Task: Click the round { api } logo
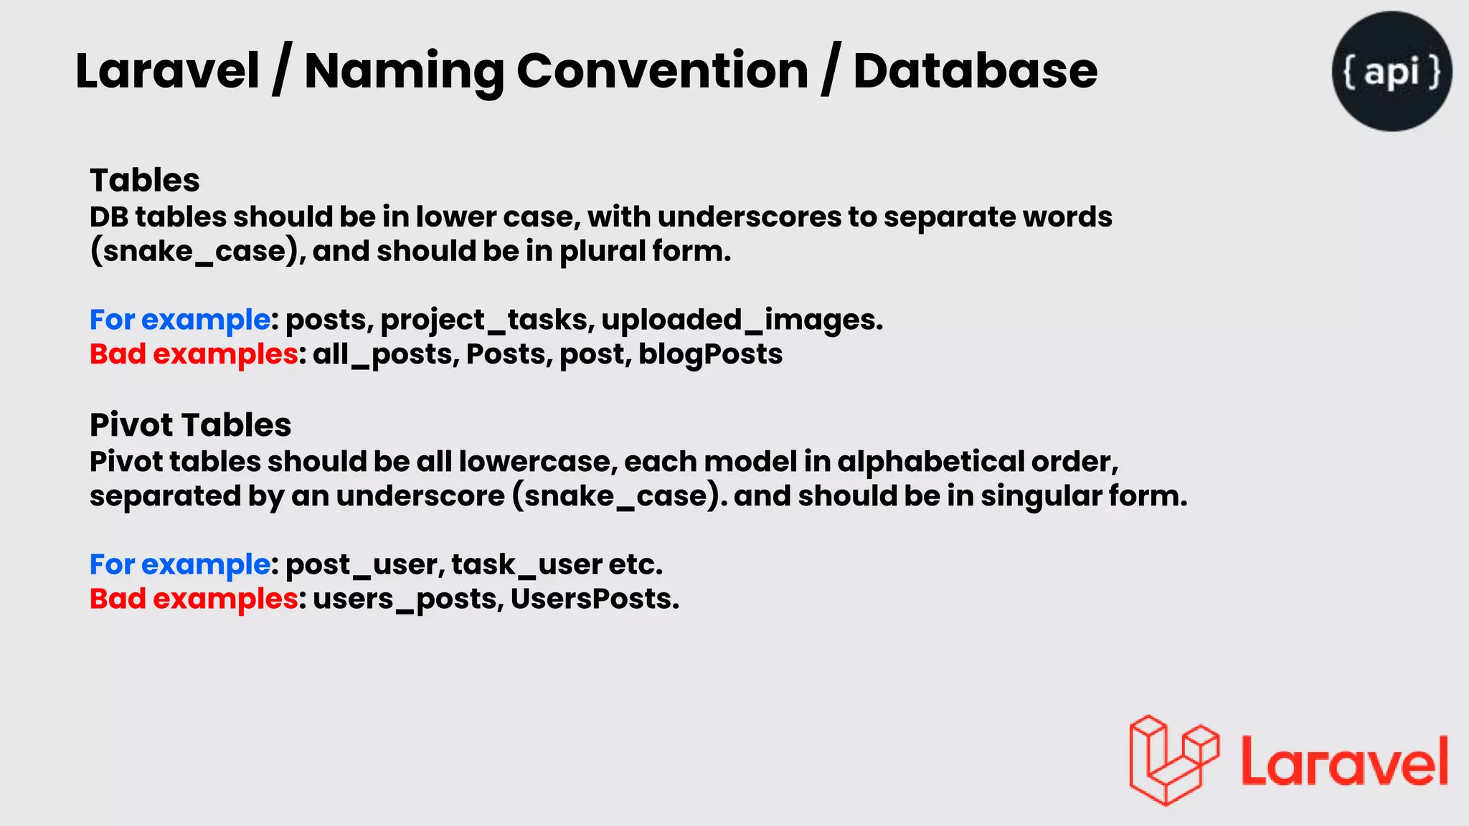pos(1392,71)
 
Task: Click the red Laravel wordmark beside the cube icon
pos(1344,762)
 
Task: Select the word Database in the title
pos(975,71)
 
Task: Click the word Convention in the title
pos(662,71)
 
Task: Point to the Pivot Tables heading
pos(190,424)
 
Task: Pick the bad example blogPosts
pos(710,354)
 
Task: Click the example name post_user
pos(365,564)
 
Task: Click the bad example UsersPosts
pos(593,599)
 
